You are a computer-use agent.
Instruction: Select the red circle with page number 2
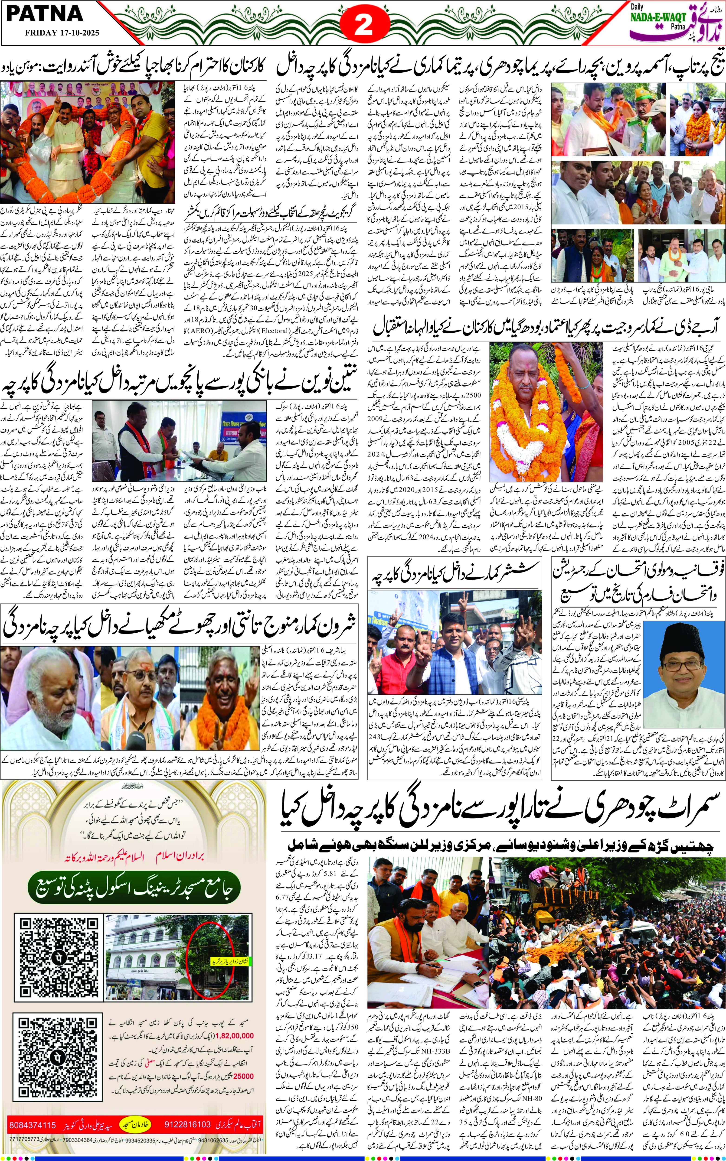(x=363, y=25)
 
